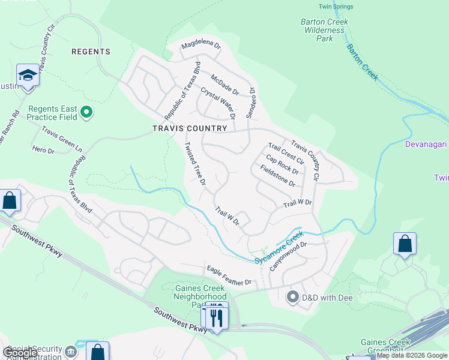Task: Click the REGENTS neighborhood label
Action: pos(91,52)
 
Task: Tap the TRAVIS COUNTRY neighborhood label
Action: pos(190,128)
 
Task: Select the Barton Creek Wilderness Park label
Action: pos(324,30)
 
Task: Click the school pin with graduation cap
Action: pos(27,76)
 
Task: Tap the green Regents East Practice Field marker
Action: pos(86,112)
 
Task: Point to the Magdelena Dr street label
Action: pos(202,46)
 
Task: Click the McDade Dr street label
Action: pos(224,85)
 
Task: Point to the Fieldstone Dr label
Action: pos(277,175)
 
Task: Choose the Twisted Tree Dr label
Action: pos(195,163)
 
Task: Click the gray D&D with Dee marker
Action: pos(293,296)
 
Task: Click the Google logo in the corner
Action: pos(20,353)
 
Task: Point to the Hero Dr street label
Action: pos(43,151)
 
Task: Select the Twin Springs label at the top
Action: pos(333,7)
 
